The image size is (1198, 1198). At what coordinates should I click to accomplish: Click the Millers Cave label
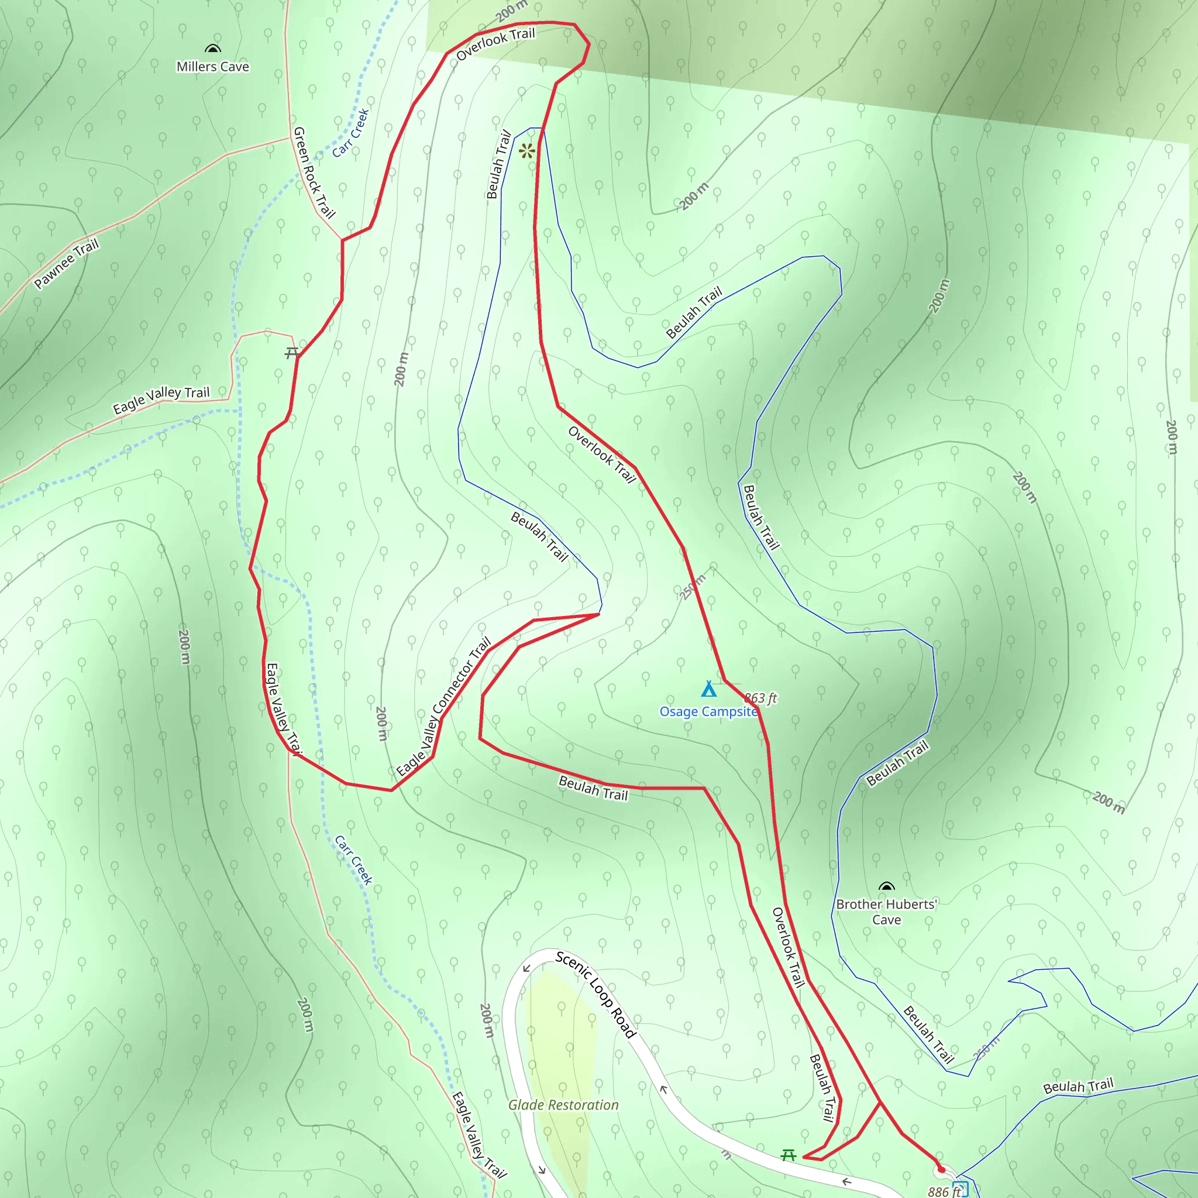(213, 66)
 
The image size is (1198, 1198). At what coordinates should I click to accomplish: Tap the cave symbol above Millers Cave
(213, 49)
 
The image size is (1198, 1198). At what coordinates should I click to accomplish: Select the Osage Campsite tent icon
(709, 689)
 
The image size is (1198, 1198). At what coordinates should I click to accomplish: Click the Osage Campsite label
(708, 712)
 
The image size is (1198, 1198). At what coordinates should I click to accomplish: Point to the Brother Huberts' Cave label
(886, 912)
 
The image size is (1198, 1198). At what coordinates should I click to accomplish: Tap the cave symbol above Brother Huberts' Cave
(887, 886)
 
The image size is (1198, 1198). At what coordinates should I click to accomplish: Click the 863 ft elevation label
(760, 698)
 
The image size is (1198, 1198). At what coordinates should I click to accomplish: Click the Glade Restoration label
(563, 1105)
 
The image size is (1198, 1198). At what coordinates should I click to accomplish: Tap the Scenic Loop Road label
(595, 994)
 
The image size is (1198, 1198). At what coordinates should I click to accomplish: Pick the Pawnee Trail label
(66, 264)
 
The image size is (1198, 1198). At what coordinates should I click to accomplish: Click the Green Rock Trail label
(313, 173)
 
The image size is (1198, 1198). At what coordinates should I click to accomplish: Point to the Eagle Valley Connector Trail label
(444, 707)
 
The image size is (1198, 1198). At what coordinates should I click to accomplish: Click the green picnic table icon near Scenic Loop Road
(788, 1155)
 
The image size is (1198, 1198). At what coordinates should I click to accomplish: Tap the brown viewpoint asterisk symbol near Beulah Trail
(527, 151)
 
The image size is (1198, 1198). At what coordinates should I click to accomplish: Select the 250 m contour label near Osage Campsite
(693, 587)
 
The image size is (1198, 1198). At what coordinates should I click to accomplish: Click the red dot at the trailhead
(941, 1169)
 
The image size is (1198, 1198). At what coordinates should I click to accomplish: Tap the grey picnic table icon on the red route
(292, 353)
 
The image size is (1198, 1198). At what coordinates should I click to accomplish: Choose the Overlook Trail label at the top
(495, 43)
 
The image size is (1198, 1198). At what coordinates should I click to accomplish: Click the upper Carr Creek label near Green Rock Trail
(351, 133)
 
